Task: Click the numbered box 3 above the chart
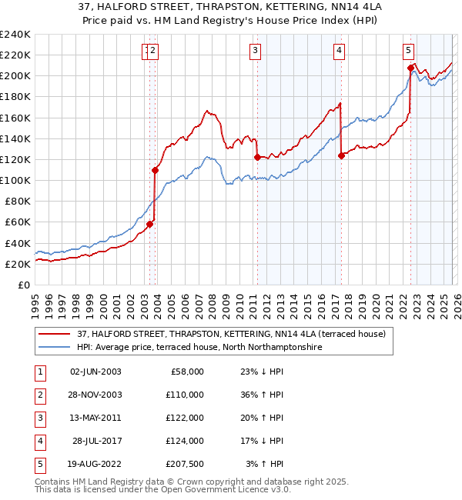255,51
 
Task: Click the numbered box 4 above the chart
339,51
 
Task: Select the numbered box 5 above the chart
407,51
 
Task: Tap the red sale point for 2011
257,157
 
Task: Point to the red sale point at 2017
341,155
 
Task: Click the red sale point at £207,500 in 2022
410,68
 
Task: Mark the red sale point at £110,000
156,170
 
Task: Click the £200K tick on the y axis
16,76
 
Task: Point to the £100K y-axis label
16,180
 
